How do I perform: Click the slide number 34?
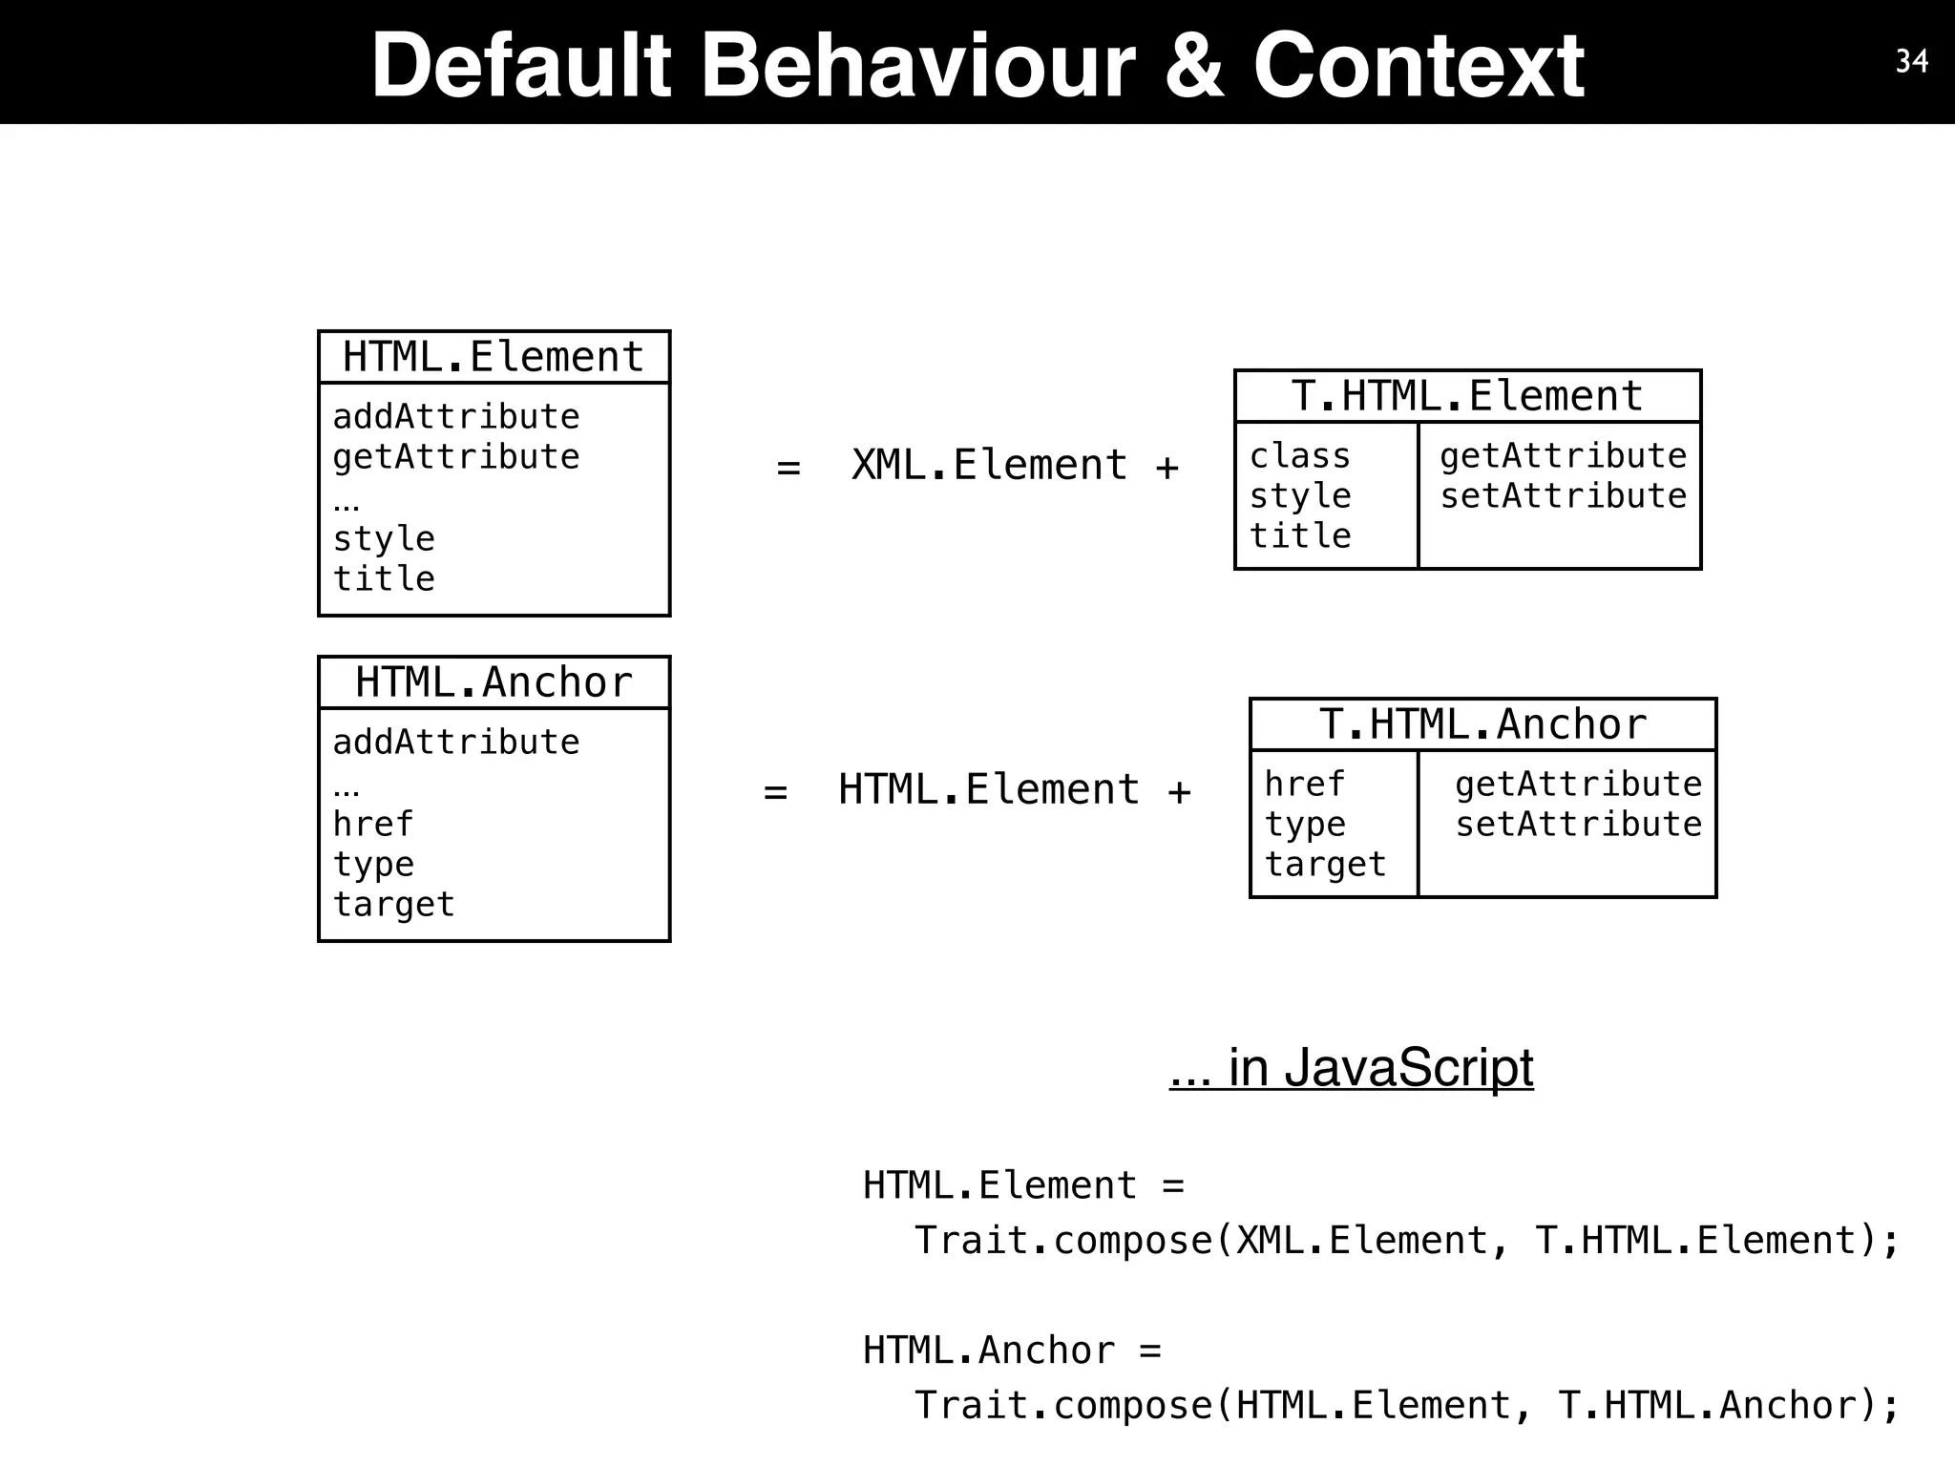(x=1911, y=61)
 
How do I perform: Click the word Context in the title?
(x=1419, y=65)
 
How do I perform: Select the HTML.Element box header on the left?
(x=494, y=357)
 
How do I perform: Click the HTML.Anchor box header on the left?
(x=494, y=682)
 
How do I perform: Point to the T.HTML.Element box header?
(x=1467, y=396)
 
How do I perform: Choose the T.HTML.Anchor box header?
(x=1482, y=724)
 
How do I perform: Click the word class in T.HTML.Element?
(x=1300, y=456)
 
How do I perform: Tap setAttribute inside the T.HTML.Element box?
(x=1563, y=496)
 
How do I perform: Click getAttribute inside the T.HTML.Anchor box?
(x=1578, y=785)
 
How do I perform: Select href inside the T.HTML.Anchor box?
(x=1304, y=785)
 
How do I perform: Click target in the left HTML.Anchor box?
(x=393, y=905)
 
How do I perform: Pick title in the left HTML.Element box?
(x=384, y=579)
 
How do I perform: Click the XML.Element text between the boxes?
(x=989, y=466)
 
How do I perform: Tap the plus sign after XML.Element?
(x=1167, y=468)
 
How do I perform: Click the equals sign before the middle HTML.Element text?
(x=775, y=792)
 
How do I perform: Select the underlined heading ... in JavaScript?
(x=1351, y=1067)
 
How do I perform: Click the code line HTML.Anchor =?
(x=1012, y=1351)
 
